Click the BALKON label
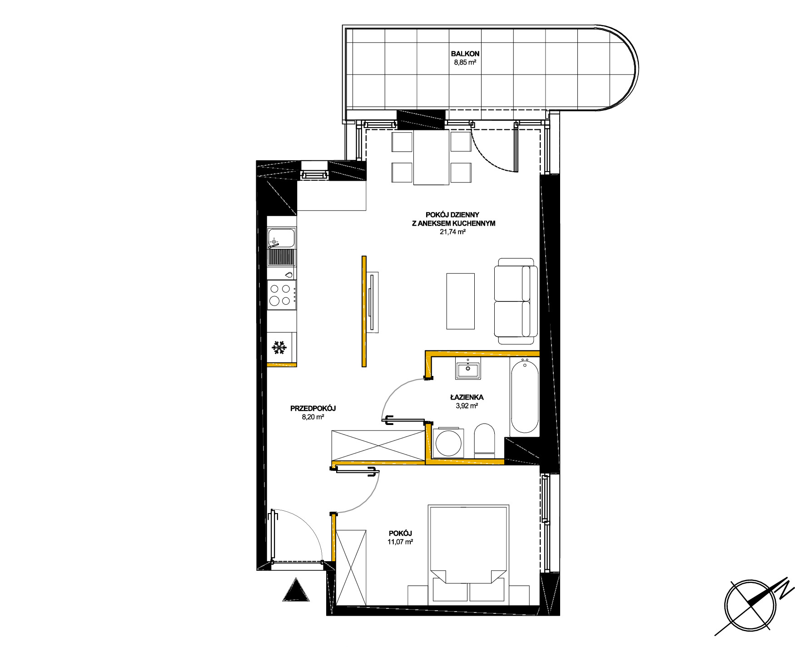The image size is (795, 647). pos(465,54)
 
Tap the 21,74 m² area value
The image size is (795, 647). pos(452,232)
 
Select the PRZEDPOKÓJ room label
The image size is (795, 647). pos(313,408)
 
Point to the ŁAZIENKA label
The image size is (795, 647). pos(467,397)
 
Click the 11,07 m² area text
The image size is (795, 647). pos(400,542)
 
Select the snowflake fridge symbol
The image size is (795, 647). pos(279,348)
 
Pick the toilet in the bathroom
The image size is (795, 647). pos(484,441)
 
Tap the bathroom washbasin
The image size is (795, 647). pos(467,368)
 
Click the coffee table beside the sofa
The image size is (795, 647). pos(461,301)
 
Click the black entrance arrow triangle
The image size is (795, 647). pos(296,590)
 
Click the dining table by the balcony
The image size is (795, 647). pos(431,157)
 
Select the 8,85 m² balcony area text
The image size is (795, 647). pos(465,63)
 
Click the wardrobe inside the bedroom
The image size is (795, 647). pos(351,567)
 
